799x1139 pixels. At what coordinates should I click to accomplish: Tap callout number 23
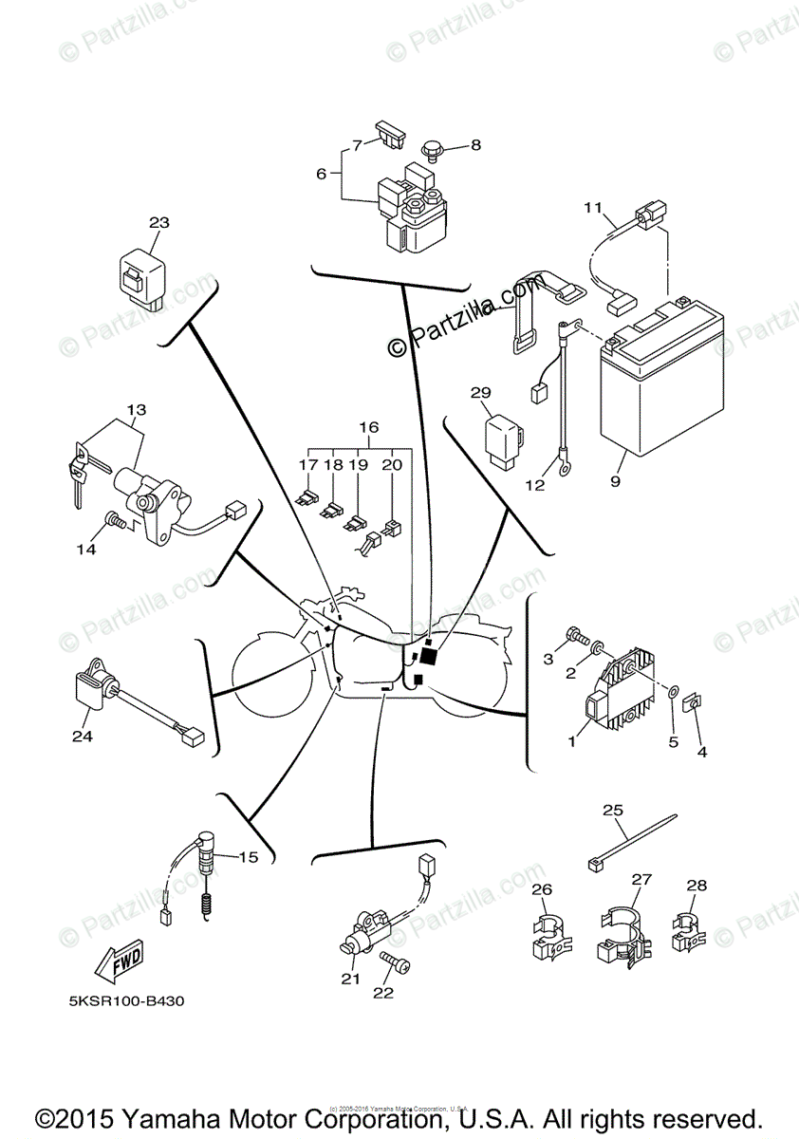[158, 223]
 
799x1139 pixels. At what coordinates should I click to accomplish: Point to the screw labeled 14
[115, 520]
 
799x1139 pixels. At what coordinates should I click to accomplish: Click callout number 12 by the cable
[535, 485]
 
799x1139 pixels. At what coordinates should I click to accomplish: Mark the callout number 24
[83, 736]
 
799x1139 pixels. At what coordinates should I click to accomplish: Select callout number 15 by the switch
[248, 857]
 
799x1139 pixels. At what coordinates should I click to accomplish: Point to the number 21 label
[351, 980]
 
